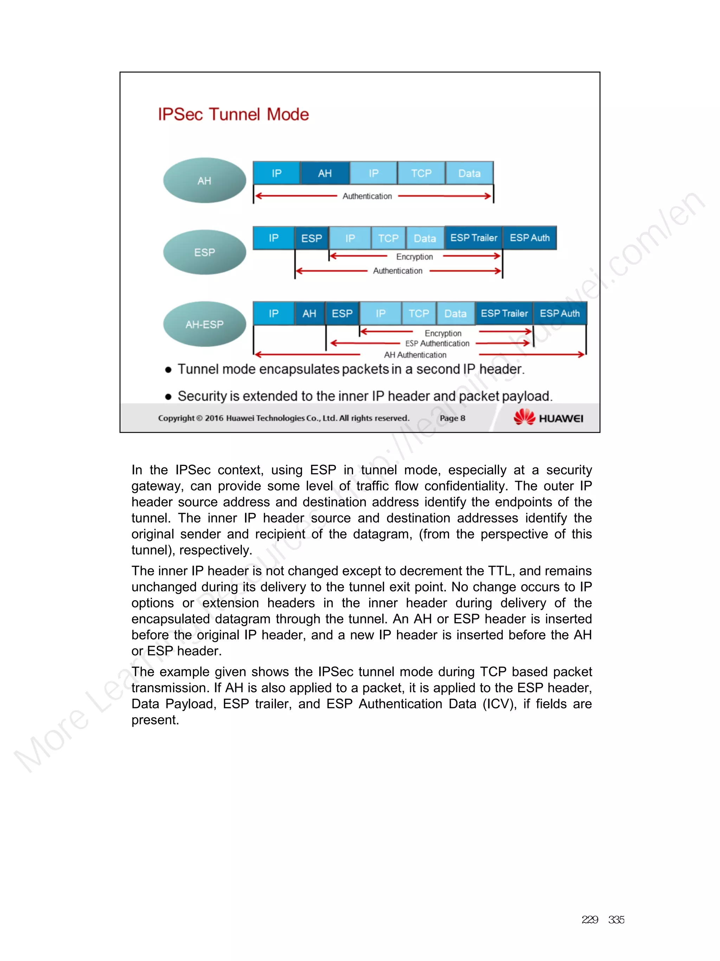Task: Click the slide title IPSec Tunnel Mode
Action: pos(233,114)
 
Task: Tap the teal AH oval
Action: pos(204,180)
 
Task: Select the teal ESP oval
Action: pos(204,252)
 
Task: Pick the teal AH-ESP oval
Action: pos(204,324)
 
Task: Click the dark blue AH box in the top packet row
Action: pos(324,173)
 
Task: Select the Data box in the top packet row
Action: pos(469,173)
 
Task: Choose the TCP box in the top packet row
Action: pos(421,173)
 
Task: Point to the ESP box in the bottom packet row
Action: pos(342,314)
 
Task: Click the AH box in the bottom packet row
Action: pos(309,314)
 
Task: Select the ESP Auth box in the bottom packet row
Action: pos(559,314)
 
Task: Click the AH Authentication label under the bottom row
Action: pos(415,355)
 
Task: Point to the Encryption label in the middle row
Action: pos(414,257)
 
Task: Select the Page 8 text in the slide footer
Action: pos(452,418)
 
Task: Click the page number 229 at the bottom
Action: pos(589,920)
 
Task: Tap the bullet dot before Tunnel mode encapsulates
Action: pos(168,370)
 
